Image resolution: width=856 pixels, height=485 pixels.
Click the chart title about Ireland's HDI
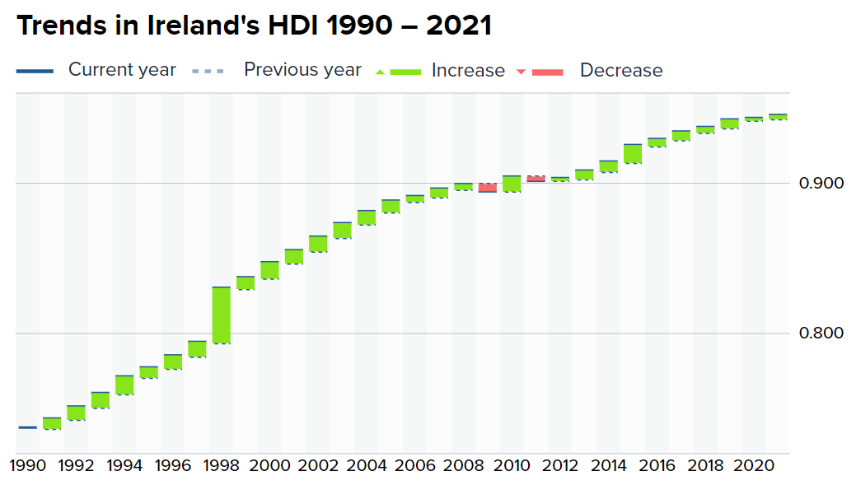254,26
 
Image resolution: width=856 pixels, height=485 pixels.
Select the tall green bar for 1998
221,315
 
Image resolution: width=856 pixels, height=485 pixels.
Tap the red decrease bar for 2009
487,188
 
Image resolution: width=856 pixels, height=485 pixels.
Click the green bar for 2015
632,154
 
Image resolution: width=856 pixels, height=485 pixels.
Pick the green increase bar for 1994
124,385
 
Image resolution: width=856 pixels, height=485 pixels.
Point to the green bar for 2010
512,184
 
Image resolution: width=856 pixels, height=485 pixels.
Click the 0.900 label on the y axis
821,183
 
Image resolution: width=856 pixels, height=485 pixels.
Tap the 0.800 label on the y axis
821,333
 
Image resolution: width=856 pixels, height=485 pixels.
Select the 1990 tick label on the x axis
28,466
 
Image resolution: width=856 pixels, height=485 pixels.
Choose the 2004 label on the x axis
367,466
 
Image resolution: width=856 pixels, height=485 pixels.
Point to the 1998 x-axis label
222,466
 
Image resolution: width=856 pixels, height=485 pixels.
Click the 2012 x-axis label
560,466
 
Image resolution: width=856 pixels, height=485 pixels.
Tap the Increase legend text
468,71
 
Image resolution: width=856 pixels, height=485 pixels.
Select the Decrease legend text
621,71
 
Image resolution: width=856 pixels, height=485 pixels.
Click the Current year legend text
122,70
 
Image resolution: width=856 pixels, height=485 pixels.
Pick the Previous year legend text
302,70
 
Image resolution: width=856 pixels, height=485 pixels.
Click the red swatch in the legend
547,72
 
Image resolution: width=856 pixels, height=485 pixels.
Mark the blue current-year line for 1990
27,427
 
